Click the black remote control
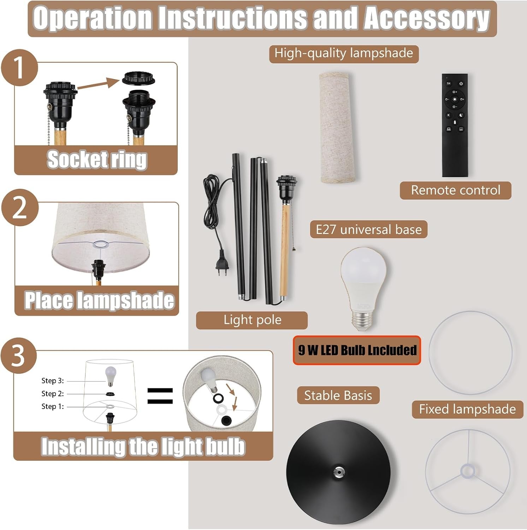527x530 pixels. tap(455, 125)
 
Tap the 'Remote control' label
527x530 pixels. tap(455, 190)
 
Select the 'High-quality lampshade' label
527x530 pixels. tap(344, 53)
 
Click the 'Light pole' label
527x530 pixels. tap(252, 320)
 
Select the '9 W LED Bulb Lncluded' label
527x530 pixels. tap(357, 350)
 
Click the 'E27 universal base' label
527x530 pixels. tap(368, 230)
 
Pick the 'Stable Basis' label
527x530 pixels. tap(338, 395)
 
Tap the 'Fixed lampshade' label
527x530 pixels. tap(467, 410)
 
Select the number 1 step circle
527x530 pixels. tap(19, 67)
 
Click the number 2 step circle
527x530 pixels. tap(20, 208)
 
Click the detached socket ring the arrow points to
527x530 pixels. tap(138, 78)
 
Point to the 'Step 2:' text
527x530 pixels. tap(53, 394)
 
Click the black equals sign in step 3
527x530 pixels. tap(160, 396)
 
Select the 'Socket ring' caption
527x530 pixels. tap(97, 160)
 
